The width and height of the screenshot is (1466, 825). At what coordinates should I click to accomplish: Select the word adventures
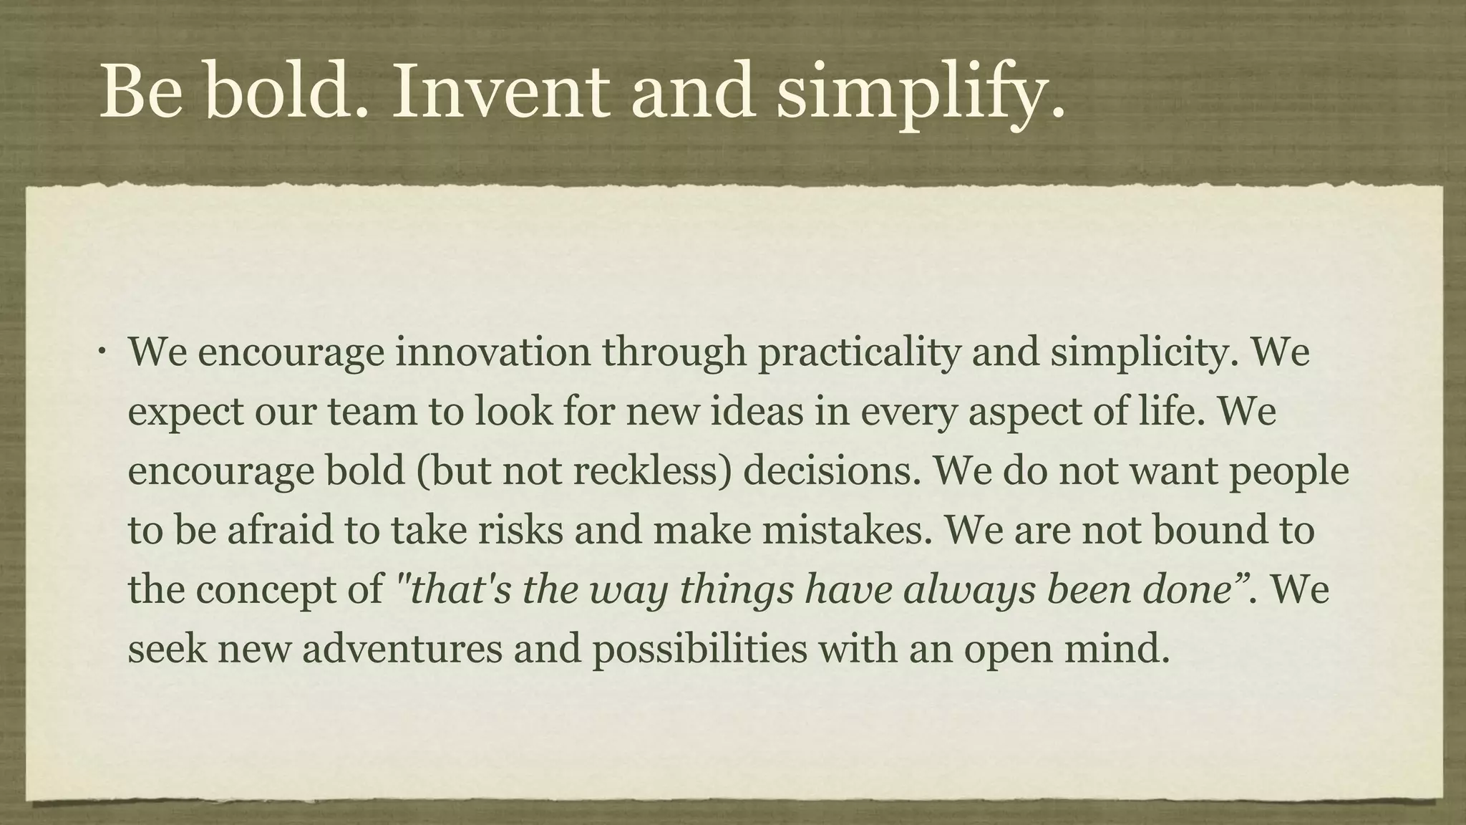pyautogui.click(x=402, y=650)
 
